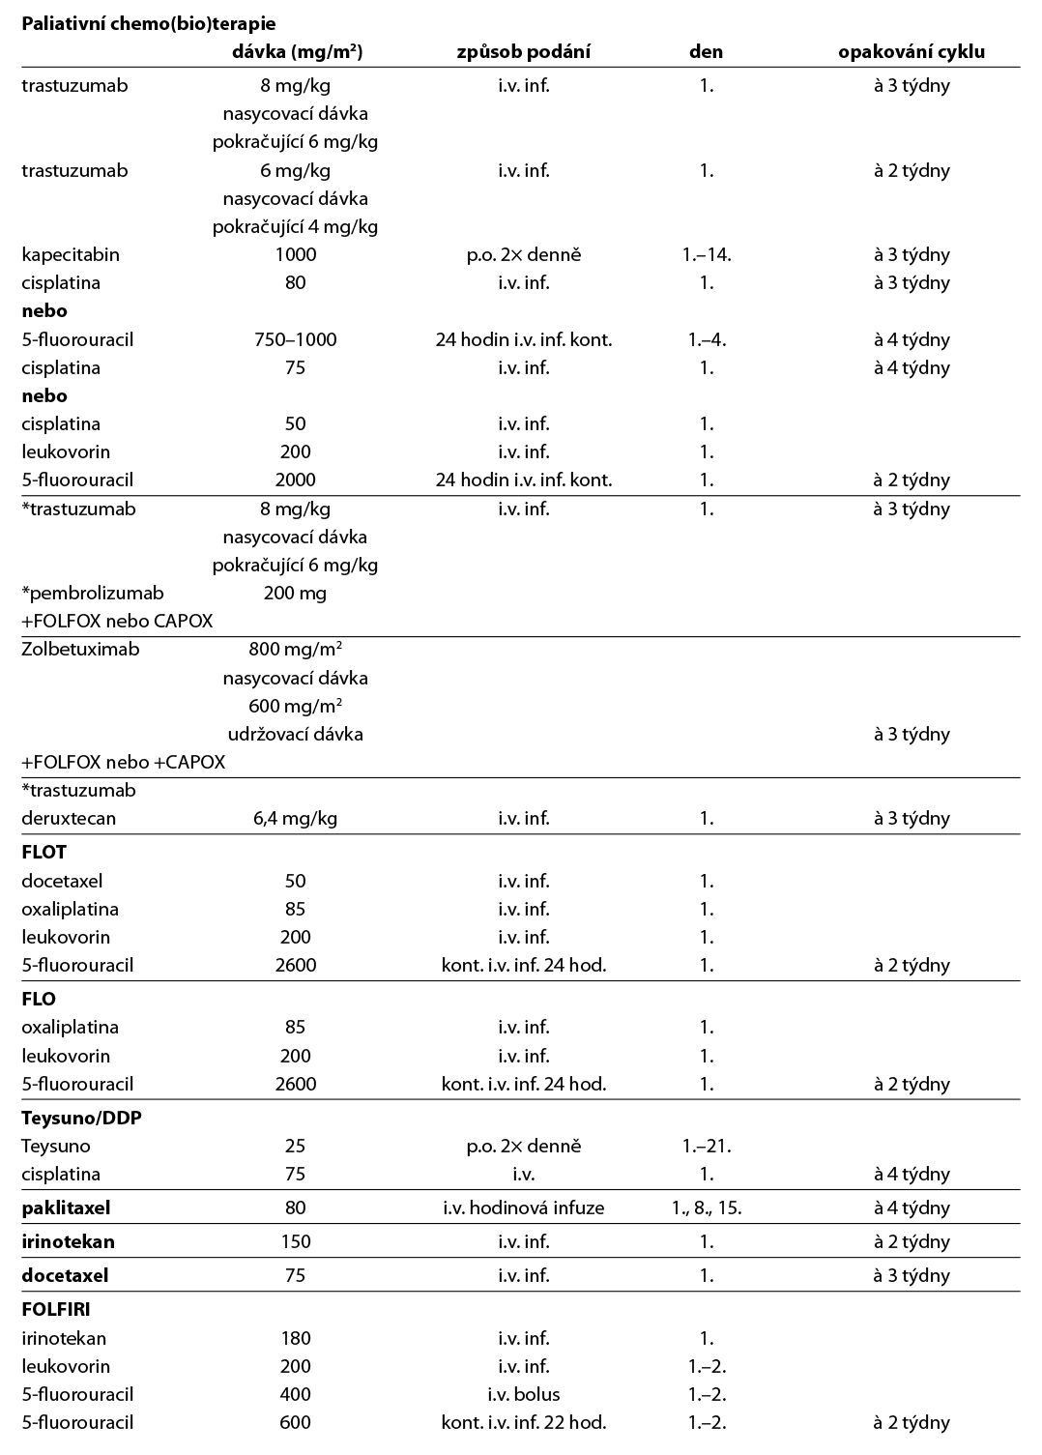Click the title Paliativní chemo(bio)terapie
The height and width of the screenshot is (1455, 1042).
click(148, 23)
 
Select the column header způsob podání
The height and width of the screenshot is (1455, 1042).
click(523, 51)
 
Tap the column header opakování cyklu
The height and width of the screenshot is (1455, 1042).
click(911, 51)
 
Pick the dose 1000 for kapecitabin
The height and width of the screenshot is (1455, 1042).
click(295, 254)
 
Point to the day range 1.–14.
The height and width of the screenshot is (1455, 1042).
click(706, 254)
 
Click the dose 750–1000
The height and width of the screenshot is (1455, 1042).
click(295, 339)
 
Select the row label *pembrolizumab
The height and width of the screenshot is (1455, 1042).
click(92, 593)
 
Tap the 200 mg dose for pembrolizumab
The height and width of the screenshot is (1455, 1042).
click(295, 593)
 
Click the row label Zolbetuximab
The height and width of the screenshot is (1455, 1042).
click(80, 649)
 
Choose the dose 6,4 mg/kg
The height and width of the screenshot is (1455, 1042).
click(295, 818)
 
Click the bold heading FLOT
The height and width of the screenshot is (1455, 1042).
click(43, 853)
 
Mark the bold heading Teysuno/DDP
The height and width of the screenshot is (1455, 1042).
click(81, 1118)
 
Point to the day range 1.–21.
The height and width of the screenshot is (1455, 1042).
click(706, 1146)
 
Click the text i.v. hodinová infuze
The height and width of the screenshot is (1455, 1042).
click(523, 1208)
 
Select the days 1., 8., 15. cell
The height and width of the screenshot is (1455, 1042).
click(706, 1208)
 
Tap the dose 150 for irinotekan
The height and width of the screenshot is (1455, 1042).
click(295, 1241)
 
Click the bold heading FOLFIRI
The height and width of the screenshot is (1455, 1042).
click(55, 1310)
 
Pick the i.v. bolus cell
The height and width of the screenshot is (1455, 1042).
click(523, 1394)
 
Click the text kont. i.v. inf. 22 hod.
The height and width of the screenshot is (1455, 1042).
click(523, 1422)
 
